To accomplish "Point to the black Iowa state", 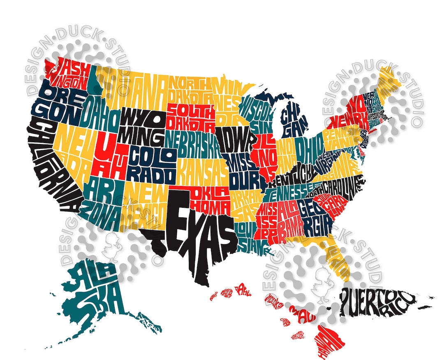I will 236,140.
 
